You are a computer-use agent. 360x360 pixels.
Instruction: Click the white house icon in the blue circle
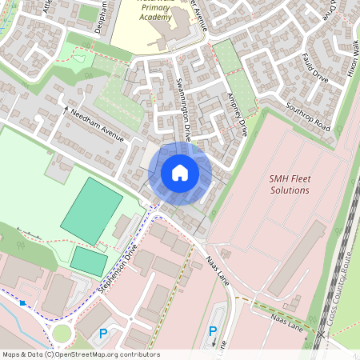click(x=180, y=172)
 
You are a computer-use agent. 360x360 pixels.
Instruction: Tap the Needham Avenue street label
click(x=98, y=126)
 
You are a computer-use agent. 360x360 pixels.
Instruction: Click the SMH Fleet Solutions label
click(x=289, y=185)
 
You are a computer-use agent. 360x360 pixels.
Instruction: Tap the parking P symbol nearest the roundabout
click(x=102, y=334)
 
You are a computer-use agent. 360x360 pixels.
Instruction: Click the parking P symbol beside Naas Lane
click(x=213, y=331)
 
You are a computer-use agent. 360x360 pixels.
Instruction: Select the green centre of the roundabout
click(x=62, y=333)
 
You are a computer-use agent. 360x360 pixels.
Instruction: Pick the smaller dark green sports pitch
click(x=89, y=260)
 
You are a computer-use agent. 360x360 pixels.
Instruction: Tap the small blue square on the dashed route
click(x=22, y=303)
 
